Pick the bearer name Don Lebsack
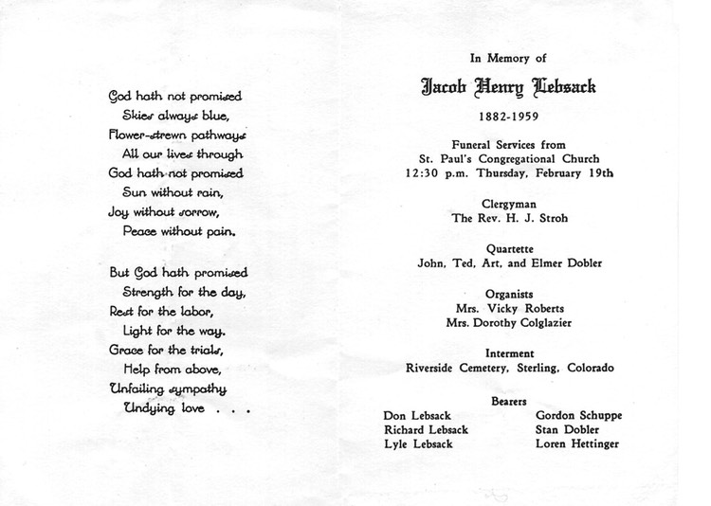tap(414, 415)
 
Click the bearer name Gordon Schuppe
tap(578, 415)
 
